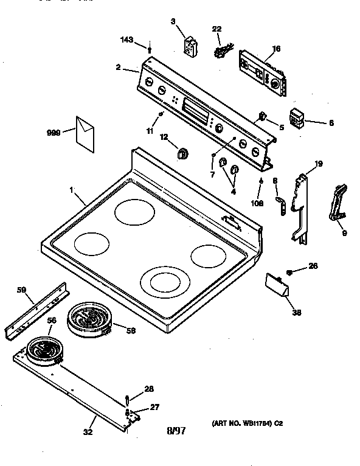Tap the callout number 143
[x=126, y=40]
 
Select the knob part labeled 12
[x=182, y=153]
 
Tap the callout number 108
[x=258, y=204]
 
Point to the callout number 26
[x=313, y=266]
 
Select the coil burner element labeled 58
[x=89, y=319]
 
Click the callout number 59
[x=21, y=290]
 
